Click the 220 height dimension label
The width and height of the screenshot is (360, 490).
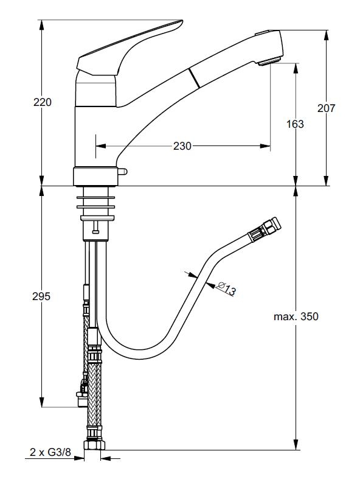click(43, 102)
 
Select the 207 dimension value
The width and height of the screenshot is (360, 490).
click(326, 108)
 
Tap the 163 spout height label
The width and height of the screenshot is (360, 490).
click(295, 124)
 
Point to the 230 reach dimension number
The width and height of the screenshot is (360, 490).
click(182, 146)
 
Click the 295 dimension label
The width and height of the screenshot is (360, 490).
click(41, 296)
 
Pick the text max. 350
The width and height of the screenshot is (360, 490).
click(296, 317)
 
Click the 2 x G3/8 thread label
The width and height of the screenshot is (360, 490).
click(50, 452)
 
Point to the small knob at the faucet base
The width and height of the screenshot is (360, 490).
click(122, 171)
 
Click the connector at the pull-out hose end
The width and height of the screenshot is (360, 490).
click(265, 229)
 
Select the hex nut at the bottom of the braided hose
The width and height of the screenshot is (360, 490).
click(95, 445)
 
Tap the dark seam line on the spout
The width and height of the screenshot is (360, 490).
click(194, 78)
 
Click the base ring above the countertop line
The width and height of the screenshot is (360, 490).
click(95, 177)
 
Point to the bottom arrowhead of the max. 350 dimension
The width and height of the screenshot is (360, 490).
click(296, 444)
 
